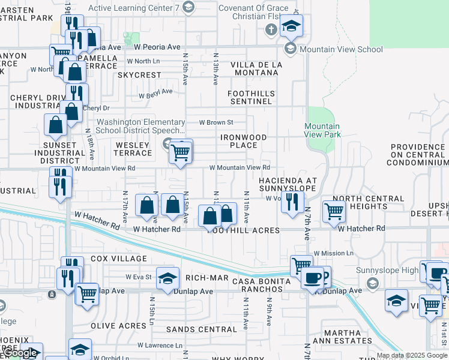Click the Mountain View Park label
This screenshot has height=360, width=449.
pos(322,130)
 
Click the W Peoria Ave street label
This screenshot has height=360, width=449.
pos(157,47)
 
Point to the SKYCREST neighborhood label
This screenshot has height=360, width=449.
pos(139,76)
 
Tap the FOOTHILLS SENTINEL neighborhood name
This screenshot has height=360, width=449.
pos(250,98)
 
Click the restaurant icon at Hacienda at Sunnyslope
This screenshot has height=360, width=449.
pos(292,202)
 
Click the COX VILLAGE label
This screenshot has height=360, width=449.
pos(119,259)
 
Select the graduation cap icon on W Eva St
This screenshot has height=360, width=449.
pos(167,278)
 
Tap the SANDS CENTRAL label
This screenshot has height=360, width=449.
pos(201,329)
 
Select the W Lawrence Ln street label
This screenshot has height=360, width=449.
pos(160,346)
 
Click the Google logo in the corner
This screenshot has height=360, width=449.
pos(21,353)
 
